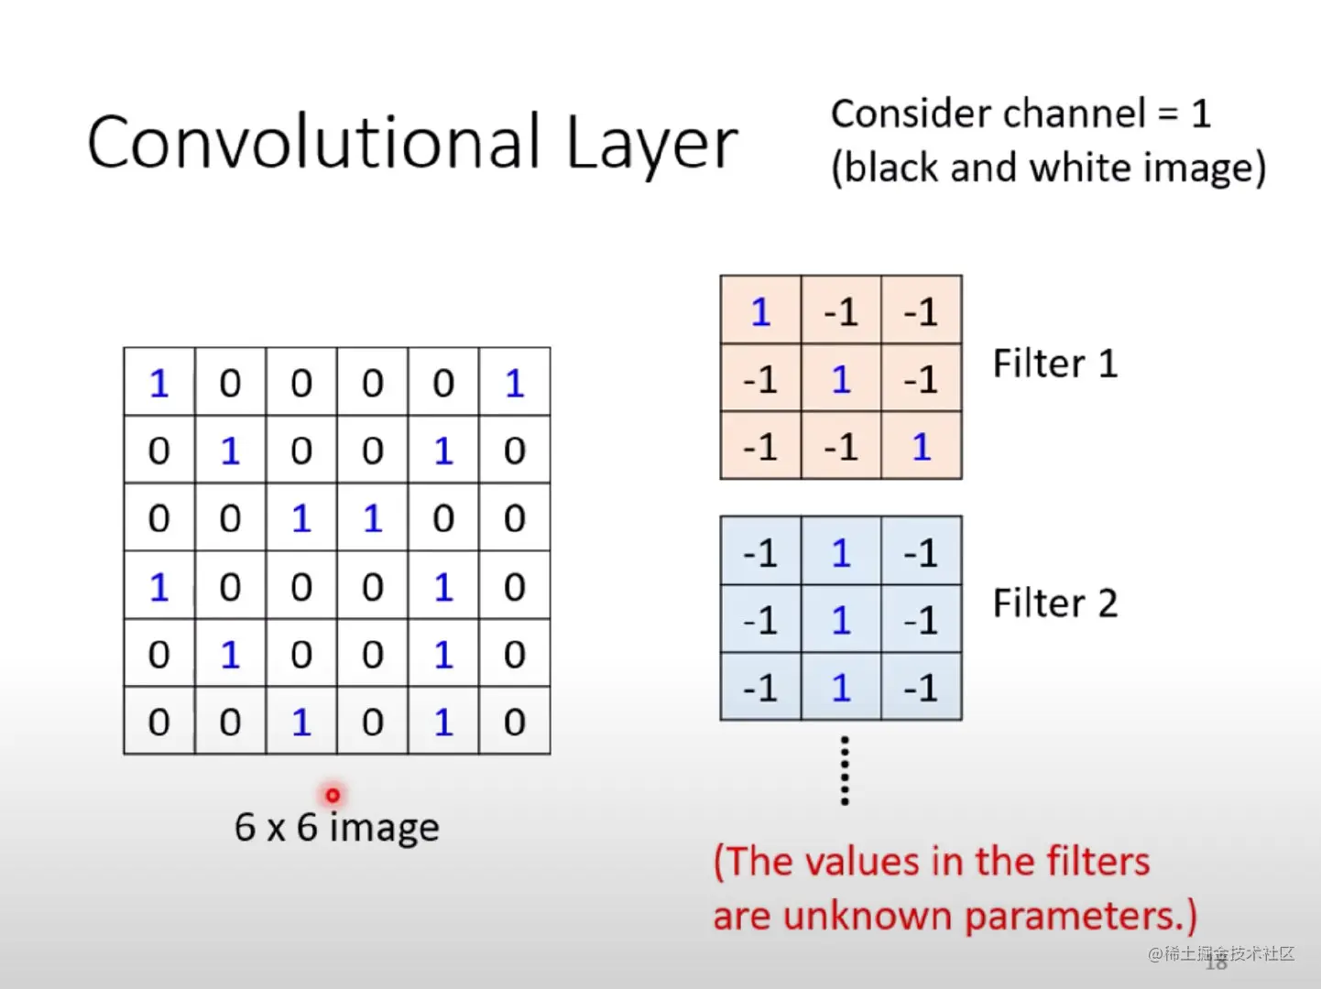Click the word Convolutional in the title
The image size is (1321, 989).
click(313, 143)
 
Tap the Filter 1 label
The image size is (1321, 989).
click(1054, 364)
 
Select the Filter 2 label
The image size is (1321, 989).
click(1054, 604)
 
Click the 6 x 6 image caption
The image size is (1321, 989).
click(336, 827)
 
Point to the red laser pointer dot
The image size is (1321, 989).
click(333, 795)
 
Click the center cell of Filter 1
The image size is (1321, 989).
click(841, 378)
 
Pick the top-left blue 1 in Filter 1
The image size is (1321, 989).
click(760, 312)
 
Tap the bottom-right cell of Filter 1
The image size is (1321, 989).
click(921, 446)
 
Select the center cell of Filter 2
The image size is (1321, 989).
click(841, 620)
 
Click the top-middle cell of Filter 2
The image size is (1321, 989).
click(841, 553)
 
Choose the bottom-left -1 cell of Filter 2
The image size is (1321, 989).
click(760, 688)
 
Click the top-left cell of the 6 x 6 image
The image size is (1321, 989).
click(159, 383)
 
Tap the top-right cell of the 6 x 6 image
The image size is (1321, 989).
click(514, 383)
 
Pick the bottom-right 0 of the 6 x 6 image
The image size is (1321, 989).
click(514, 723)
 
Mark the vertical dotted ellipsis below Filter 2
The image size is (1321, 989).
click(845, 770)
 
